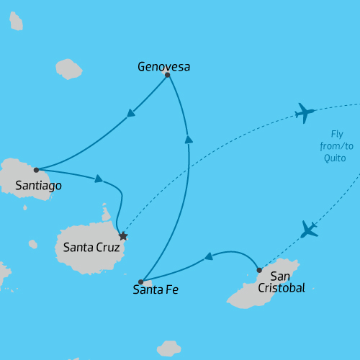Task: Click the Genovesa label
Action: coord(163,67)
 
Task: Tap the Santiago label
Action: coord(38,186)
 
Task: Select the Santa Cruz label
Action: coord(89,247)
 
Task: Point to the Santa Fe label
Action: coord(156,291)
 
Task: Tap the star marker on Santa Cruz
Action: coord(123,236)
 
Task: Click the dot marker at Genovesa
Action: coord(167,75)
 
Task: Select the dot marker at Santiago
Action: coord(36,171)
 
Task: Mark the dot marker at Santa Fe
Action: coord(141,282)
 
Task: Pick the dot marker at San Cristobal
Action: coord(259,270)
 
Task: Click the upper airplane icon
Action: coord(305,112)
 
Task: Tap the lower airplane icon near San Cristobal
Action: coord(309,230)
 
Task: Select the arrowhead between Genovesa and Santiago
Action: coord(131,112)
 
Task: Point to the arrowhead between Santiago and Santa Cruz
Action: coord(99,179)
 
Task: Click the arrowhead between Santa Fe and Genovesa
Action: coord(188,140)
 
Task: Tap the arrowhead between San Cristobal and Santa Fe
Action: coord(208,256)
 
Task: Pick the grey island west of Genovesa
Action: coord(69,69)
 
